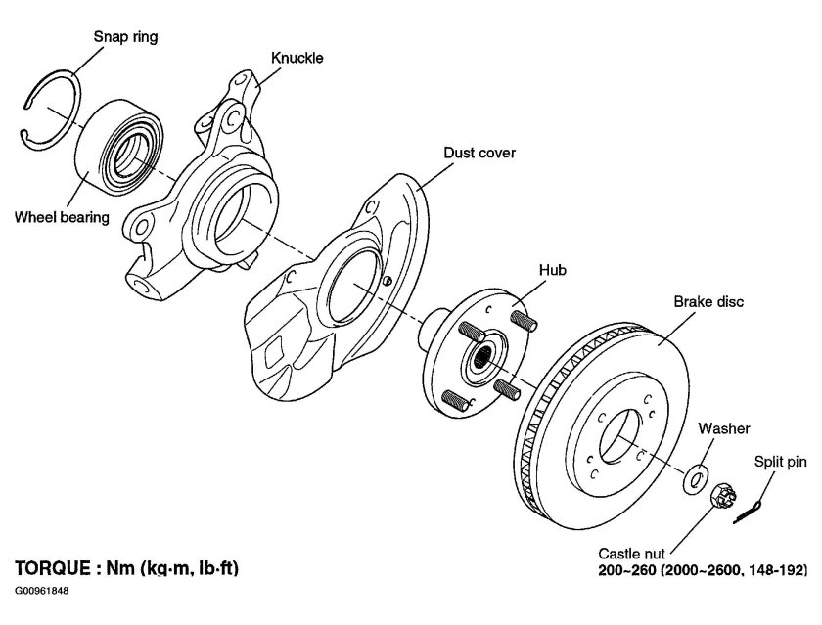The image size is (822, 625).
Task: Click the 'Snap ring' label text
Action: pos(125,37)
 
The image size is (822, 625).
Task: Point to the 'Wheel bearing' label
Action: pos(61,217)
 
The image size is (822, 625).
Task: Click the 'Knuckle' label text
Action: pos(297,58)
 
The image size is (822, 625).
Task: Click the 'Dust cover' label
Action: pos(479,153)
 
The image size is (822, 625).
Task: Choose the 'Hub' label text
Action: pos(553,269)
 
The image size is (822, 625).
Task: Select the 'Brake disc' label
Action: pos(708,302)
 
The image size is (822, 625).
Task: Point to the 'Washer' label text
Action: pos(724,428)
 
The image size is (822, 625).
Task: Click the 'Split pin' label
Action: pos(780,460)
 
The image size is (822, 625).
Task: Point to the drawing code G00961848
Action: pos(43,592)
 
